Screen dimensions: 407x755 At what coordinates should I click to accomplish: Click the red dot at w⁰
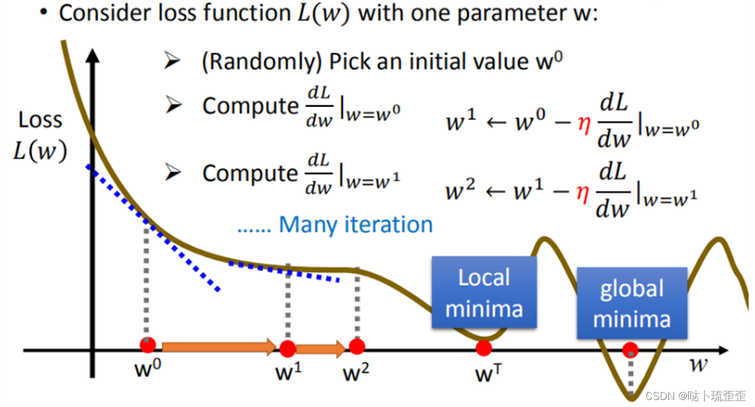pyautogui.click(x=148, y=345)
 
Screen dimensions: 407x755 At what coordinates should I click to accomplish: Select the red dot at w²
pyautogui.click(x=357, y=347)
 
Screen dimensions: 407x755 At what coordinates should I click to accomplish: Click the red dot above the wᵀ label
pyautogui.click(x=484, y=348)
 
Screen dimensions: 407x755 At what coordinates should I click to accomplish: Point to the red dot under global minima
pyautogui.click(x=630, y=351)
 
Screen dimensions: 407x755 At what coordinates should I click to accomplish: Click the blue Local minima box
pyautogui.click(x=484, y=292)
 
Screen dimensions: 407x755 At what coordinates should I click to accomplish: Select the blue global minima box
pyautogui.click(x=631, y=303)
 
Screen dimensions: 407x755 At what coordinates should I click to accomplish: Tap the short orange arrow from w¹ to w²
pyautogui.click(x=321, y=350)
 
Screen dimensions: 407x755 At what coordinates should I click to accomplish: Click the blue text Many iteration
pyautogui.click(x=356, y=224)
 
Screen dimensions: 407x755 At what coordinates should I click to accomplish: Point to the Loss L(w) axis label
pyautogui.click(x=40, y=136)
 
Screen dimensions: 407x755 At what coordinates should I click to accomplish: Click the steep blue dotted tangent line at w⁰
pyautogui.click(x=152, y=228)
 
